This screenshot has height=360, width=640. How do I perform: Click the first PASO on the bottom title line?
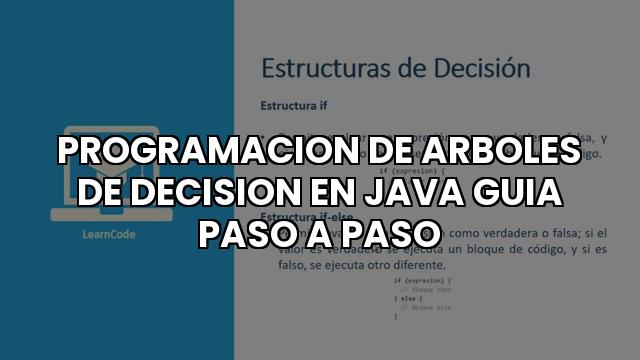(x=249, y=232)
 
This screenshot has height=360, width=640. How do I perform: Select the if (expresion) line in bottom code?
(x=421, y=281)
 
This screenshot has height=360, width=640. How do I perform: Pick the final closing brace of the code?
(x=395, y=316)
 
